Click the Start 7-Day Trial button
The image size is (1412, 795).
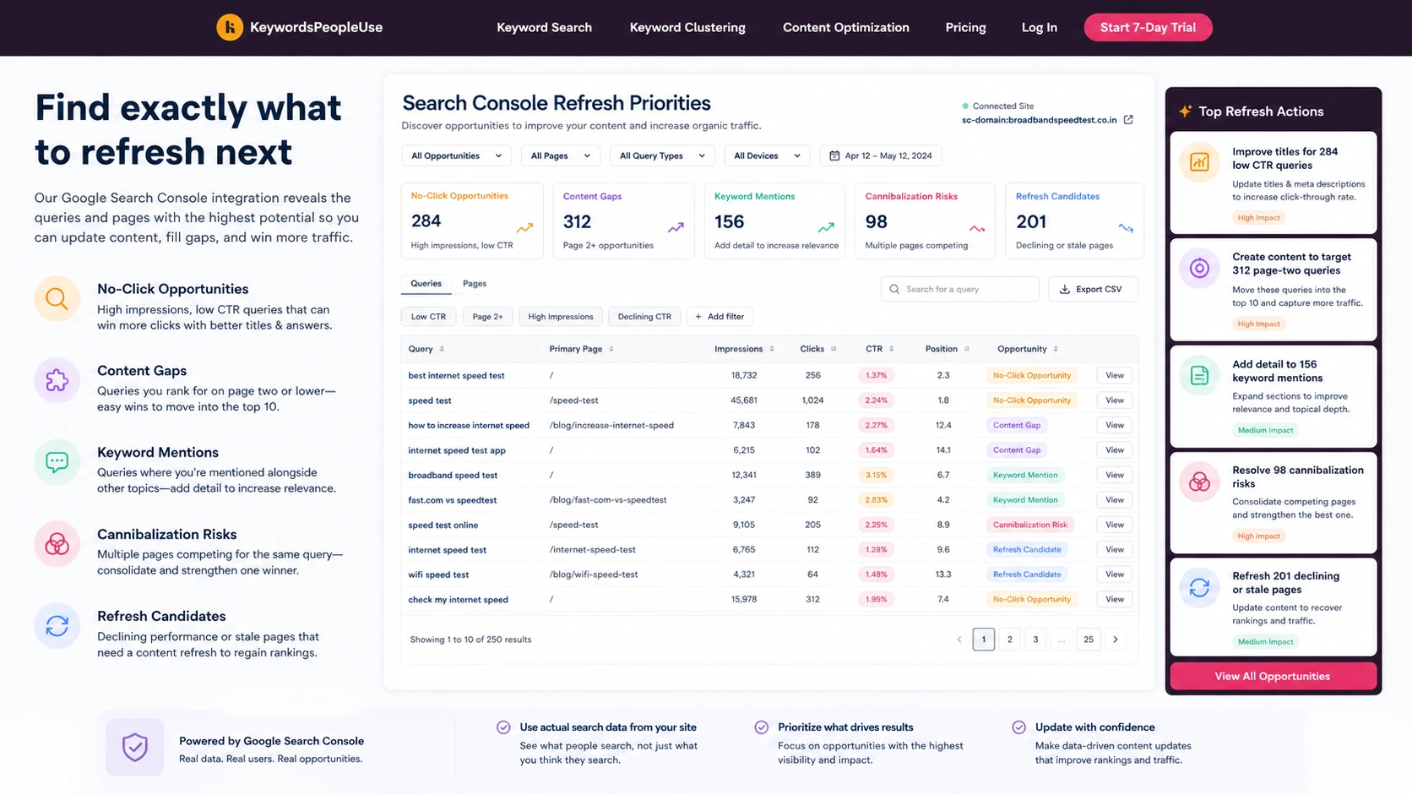[x=1147, y=27]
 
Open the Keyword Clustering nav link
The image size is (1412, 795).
[x=687, y=27]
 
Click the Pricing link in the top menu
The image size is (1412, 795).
[x=965, y=27]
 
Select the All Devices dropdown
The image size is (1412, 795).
[x=767, y=155]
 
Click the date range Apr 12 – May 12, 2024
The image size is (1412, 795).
[x=881, y=155]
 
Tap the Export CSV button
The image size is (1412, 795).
[x=1093, y=289]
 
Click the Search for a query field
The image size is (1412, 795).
[x=959, y=289]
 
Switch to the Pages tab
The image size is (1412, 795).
[x=474, y=284]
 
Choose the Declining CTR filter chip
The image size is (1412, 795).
[x=644, y=317]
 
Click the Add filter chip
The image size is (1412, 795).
[x=720, y=317]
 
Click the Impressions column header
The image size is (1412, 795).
[x=738, y=349]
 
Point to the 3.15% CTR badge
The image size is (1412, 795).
[x=876, y=475]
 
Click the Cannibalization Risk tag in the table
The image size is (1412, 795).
[x=1030, y=525]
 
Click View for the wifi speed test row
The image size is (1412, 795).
[x=1114, y=574]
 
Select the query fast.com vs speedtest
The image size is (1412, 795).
[x=452, y=500]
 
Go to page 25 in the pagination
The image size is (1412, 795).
[x=1088, y=640]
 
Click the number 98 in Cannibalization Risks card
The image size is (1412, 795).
[x=876, y=222]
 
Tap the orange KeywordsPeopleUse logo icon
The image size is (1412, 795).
[x=230, y=27]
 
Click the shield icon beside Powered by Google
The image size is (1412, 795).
[x=134, y=747]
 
